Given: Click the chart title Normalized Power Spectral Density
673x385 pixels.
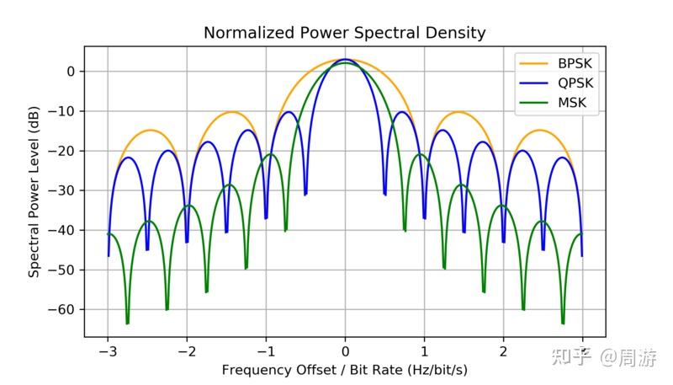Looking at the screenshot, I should click(x=345, y=33).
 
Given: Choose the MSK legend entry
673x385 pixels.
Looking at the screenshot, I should click(x=573, y=104).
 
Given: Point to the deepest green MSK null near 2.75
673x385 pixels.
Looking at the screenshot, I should click(x=563, y=323).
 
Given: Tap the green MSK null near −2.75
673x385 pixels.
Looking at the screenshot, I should click(x=128, y=323).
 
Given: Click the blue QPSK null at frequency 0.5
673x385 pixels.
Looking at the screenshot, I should click(x=384, y=195).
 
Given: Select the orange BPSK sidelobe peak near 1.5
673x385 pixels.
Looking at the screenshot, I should click(x=458, y=112).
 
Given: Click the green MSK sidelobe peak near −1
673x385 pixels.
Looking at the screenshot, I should click(x=270, y=154).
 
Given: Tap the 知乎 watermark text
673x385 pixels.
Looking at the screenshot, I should click(x=571, y=359).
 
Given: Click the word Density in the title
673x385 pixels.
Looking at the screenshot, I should click(x=456, y=33).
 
